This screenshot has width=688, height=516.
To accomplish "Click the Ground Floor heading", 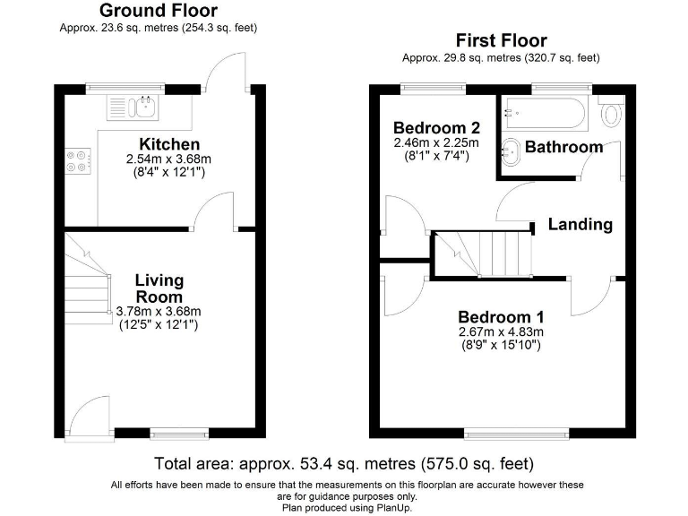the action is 159,11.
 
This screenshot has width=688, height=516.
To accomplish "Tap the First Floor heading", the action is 502,40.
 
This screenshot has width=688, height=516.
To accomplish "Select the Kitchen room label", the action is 169,144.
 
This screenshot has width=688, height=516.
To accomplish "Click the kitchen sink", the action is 133,107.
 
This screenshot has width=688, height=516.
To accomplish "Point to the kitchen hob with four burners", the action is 78,161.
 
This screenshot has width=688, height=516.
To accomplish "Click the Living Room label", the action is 159,288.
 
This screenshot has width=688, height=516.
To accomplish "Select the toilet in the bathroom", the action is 611,111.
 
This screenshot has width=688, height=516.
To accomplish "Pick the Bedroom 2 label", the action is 436,128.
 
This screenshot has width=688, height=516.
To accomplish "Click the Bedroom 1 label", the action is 501,317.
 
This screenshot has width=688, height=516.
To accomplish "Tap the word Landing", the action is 580,224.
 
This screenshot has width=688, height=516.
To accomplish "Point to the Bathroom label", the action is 563,147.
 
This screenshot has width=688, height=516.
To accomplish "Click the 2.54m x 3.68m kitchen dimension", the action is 169,159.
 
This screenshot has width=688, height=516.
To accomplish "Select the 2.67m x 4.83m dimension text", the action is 501,331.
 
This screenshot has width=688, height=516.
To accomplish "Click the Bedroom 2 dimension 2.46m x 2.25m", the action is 436,142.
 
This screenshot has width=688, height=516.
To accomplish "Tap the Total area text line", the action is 344,463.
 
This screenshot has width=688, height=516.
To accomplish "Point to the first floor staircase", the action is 483,254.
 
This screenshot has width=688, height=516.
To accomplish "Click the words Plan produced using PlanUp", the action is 347,508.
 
